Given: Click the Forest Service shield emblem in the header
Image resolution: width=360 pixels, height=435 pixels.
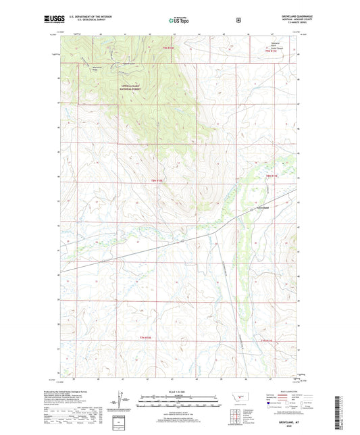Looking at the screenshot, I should [x=238, y=20].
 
